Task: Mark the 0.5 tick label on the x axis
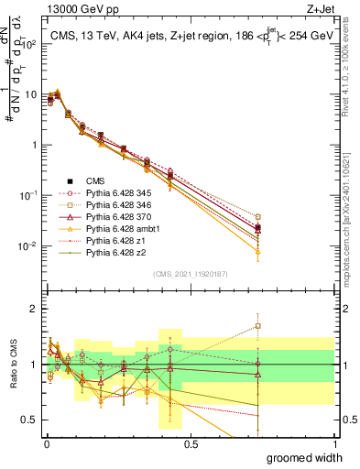click(190, 443)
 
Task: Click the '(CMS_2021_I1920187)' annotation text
click(190, 273)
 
